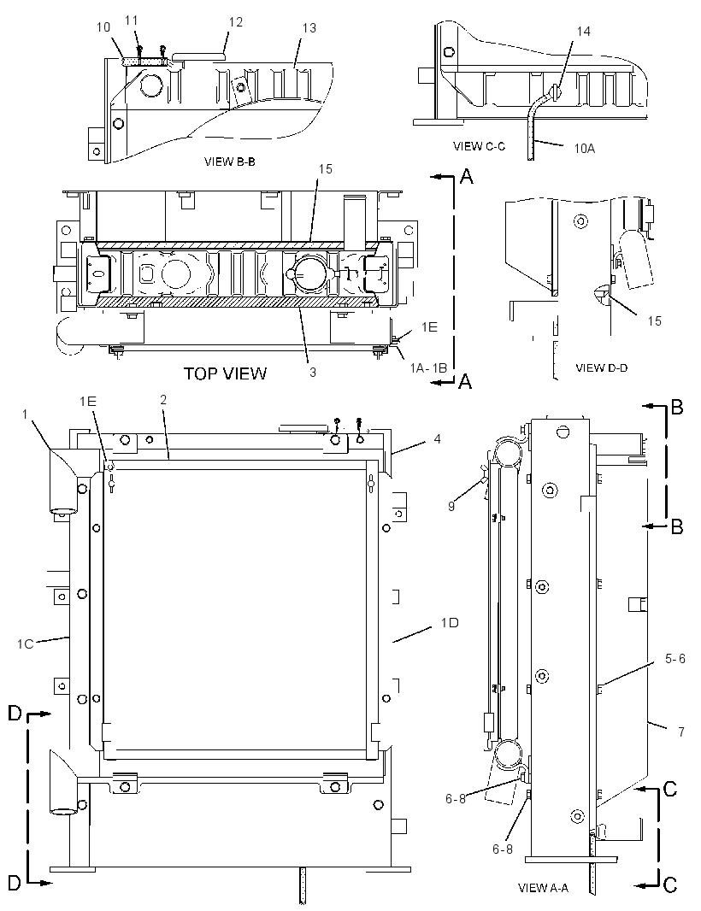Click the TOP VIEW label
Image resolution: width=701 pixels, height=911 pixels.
[x=225, y=373]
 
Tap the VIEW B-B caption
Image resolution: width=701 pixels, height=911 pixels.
[x=230, y=162]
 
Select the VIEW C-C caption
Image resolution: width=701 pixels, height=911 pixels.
[x=479, y=146]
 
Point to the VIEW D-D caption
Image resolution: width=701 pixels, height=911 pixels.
[x=602, y=367]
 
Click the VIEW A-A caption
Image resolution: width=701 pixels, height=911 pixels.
[x=543, y=888]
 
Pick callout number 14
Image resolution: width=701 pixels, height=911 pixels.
[x=583, y=32]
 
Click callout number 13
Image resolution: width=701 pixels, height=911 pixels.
[x=309, y=28]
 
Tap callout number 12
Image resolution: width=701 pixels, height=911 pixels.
[x=235, y=22]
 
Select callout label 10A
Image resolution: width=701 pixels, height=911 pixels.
[x=585, y=149]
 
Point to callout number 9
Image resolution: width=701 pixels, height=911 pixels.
[x=451, y=506]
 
